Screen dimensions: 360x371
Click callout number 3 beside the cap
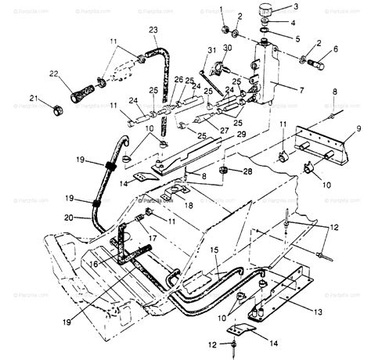point(295,7)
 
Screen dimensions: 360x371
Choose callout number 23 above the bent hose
point(153,30)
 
